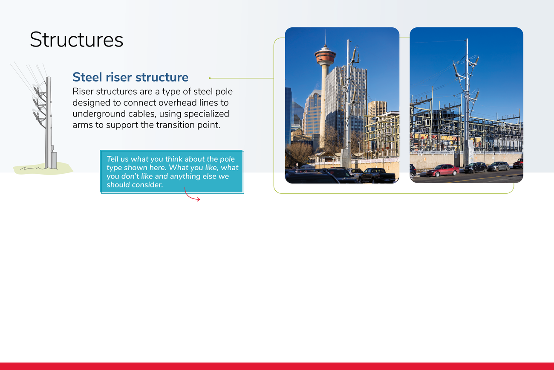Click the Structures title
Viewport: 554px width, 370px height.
tap(76, 40)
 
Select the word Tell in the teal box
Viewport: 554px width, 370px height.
tap(112, 159)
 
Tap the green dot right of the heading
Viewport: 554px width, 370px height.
tap(210, 78)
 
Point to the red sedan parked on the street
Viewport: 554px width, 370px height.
tap(442, 170)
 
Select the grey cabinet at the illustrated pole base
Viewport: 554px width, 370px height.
tap(54, 160)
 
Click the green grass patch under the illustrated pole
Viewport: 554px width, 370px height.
tap(43, 169)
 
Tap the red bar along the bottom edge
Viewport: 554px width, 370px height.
tap(277, 366)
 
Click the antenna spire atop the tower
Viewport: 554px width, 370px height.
tap(325, 38)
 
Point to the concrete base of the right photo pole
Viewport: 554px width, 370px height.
tap(468, 152)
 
